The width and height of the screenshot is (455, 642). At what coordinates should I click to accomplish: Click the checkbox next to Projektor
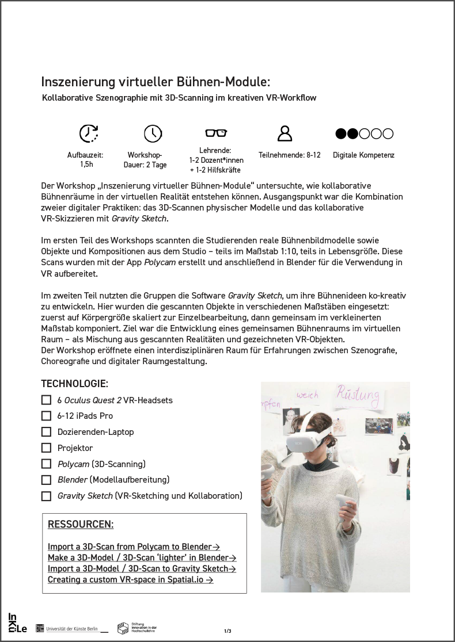click(46, 448)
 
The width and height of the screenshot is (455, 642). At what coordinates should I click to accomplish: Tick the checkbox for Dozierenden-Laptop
click(46, 431)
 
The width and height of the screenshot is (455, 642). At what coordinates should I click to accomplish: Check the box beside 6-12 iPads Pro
click(46, 415)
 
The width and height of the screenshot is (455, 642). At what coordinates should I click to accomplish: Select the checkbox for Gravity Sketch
click(46, 496)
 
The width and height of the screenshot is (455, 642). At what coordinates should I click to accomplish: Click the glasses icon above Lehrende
click(216, 133)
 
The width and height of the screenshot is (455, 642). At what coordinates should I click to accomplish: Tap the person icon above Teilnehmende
click(285, 133)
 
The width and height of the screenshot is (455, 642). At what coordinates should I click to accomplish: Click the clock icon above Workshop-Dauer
click(153, 133)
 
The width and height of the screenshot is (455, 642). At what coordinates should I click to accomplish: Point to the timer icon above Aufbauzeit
click(88, 133)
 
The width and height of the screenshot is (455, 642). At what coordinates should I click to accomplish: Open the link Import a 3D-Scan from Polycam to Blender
click(134, 547)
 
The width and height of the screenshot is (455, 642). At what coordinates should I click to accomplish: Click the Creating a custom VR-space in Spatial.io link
click(130, 579)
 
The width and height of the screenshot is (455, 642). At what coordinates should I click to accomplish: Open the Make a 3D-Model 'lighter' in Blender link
click(142, 557)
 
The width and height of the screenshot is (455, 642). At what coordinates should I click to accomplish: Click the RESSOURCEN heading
click(80, 524)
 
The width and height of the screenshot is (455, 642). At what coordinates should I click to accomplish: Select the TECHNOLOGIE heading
click(74, 384)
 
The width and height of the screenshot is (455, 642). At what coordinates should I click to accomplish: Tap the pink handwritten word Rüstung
click(358, 395)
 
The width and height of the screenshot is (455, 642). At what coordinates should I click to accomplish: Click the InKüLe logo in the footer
click(17, 623)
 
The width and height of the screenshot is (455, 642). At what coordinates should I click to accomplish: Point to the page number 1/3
click(227, 631)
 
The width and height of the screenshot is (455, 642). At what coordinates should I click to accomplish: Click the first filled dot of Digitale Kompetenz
click(341, 133)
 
